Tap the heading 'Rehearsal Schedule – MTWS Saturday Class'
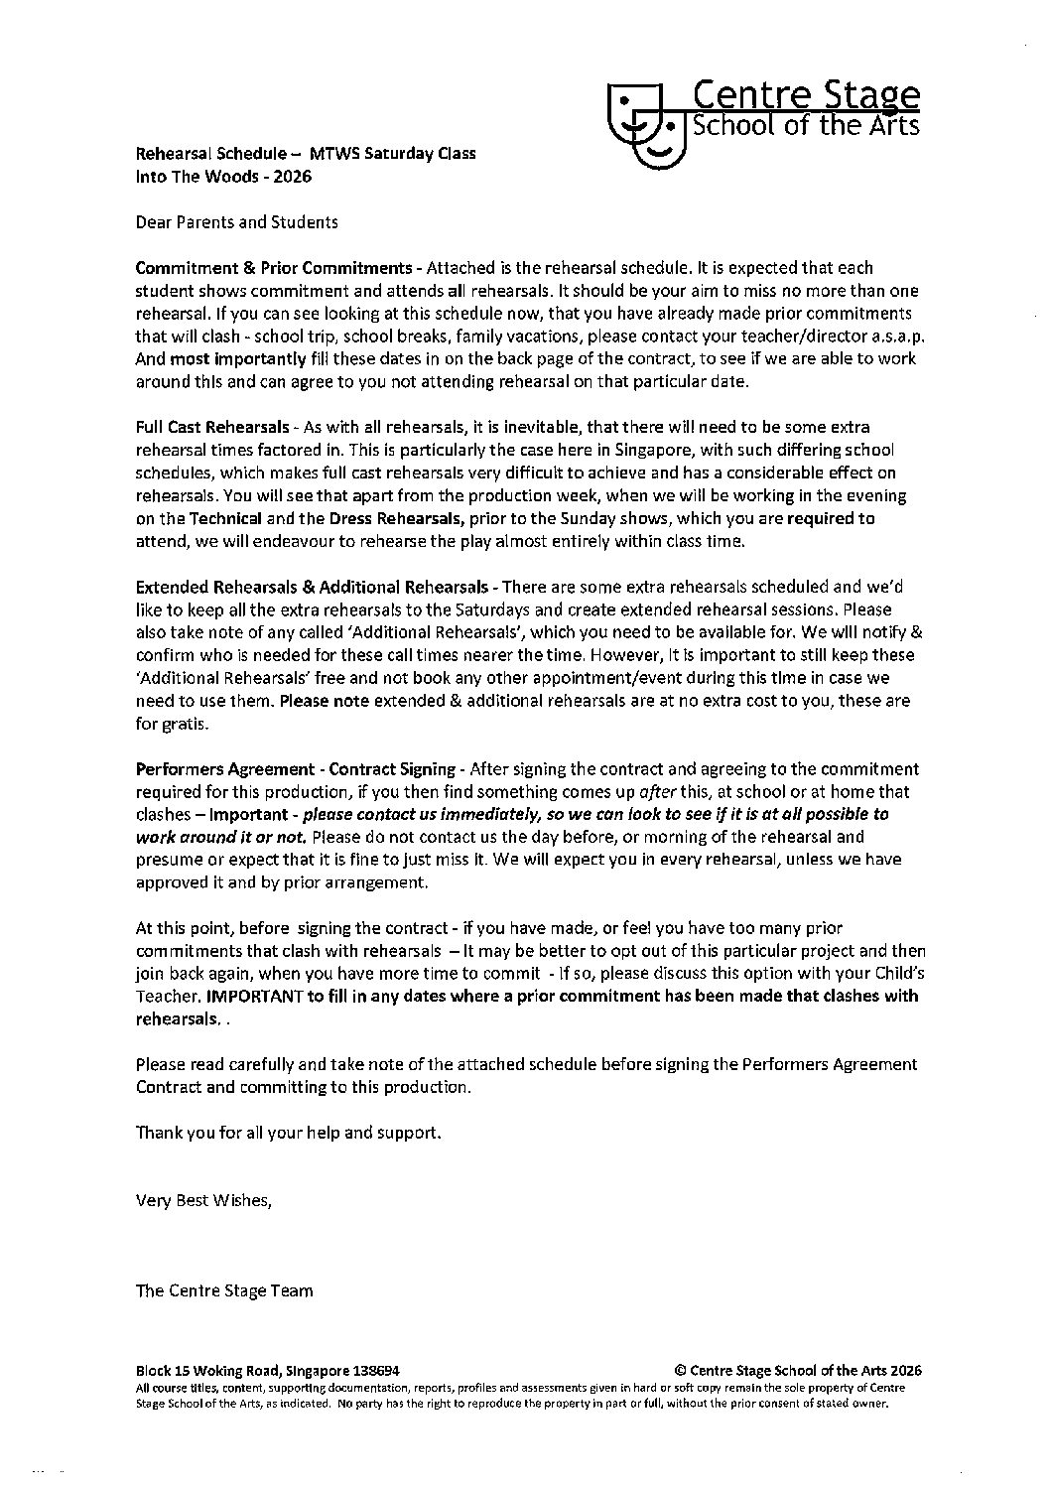[305, 154]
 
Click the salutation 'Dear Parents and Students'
[236, 222]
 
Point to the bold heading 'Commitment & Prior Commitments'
[274, 268]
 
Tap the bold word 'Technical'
[225, 518]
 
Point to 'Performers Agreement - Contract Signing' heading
[296, 769]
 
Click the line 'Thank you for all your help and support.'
[287, 1133]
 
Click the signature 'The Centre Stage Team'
[224, 1291]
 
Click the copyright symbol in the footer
[680, 1368]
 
